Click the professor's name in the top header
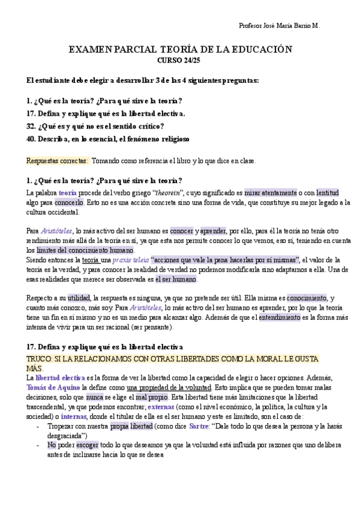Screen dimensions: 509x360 279,26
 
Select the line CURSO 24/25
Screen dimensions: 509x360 179,60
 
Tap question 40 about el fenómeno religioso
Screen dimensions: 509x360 108,139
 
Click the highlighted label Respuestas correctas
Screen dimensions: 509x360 58,160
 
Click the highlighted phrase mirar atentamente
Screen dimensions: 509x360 271,193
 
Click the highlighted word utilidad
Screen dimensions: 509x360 79,298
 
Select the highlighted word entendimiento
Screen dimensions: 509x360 280,318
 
